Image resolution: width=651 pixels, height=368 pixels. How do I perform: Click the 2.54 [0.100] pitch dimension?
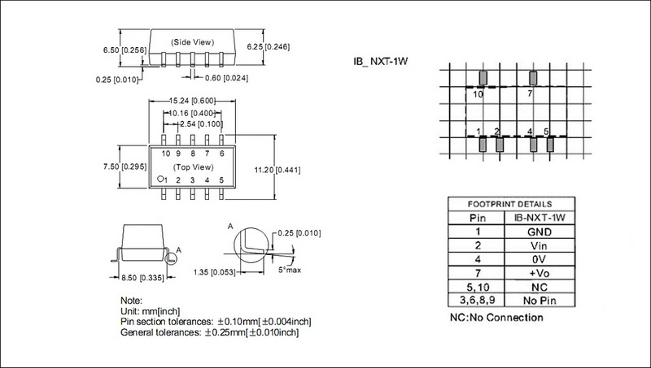tap(193, 124)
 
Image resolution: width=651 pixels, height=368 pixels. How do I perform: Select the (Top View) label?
tap(193, 167)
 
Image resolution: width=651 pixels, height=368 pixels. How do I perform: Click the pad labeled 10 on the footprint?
tap(482, 78)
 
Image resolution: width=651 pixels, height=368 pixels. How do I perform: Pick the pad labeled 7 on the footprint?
tap(533, 78)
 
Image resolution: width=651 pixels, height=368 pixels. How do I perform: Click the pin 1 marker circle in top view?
tap(160, 179)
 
